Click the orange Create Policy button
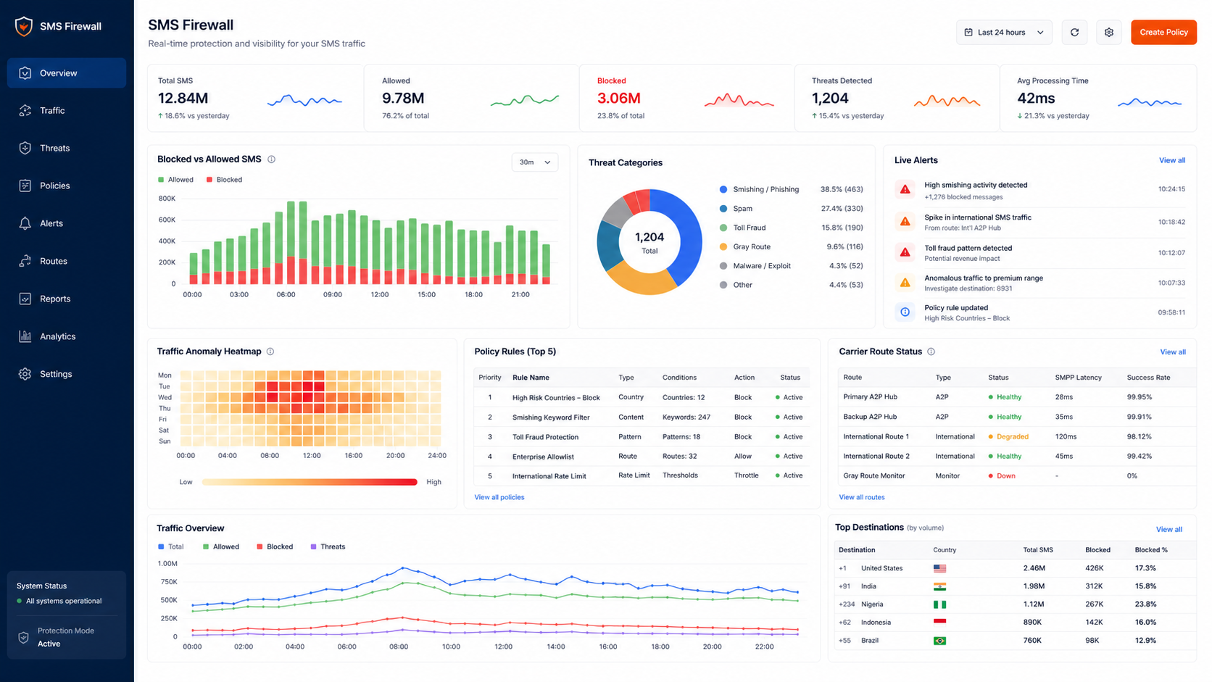point(1163,33)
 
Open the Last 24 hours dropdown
point(1004,33)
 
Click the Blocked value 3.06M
point(618,99)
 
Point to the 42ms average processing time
point(1036,99)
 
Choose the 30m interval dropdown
point(534,162)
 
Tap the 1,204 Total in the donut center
point(649,242)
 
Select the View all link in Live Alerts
point(1172,160)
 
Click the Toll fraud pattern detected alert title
point(968,249)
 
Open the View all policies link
point(499,497)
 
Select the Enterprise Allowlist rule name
point(543,457)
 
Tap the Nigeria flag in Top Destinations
point(940,604)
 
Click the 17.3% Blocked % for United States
point(1145,568)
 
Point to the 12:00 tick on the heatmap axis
point(312,455)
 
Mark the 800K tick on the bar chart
point(167,199)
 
